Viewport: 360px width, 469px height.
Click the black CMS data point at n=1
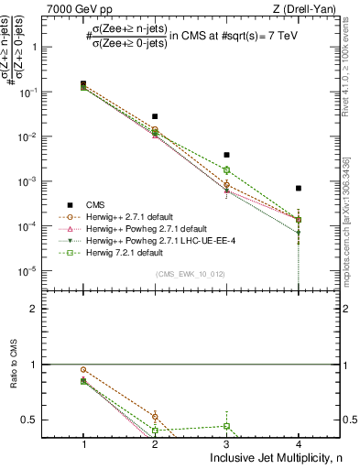pos(83,84)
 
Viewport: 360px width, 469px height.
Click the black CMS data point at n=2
pos(155,116)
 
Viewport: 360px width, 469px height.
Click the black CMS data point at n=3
pos(226,155)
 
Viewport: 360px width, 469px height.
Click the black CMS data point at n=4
pos(298,188)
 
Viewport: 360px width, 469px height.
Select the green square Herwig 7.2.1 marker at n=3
pos(226,170)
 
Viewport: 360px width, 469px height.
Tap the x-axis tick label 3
pos(226,444)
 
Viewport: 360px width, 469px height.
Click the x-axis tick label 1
pos(83,444)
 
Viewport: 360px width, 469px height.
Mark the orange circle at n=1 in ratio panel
pos(83,370)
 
